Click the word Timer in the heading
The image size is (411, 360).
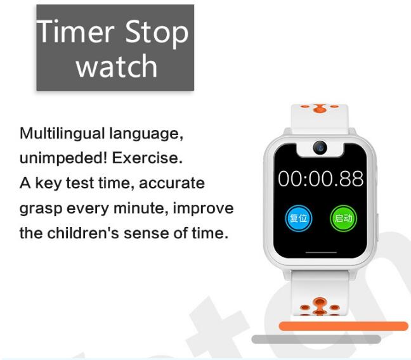point(75,32)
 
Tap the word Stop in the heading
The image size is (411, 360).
point(157,34)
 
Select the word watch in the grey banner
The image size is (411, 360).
point(117,66)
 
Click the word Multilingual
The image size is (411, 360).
point(62,133)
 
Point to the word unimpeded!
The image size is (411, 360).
point(63,158)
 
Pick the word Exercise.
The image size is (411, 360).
point(147,158)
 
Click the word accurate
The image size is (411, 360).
point(172,183)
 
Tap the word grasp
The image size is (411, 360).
point(41,209)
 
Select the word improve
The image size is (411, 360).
point(203,209)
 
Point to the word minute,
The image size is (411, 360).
point(141,208)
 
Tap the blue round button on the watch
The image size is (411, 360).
point(299,218)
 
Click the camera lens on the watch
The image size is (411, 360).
point(320,148)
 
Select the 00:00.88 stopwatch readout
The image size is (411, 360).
point(320,179)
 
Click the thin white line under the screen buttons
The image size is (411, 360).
point(321,253)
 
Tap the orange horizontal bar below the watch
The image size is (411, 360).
point(344,326)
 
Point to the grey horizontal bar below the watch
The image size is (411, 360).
point(316,339)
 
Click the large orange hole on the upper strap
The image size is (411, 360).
point(320,108)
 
